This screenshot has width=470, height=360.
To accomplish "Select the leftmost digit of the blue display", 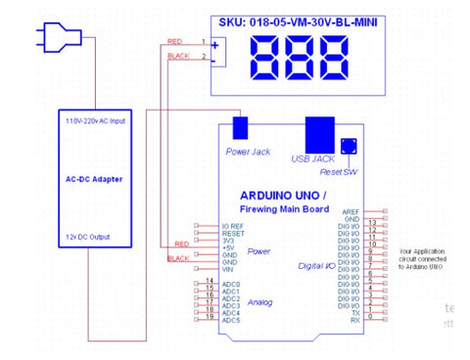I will [x=266, y=60].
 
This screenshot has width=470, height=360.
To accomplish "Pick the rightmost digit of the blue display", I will [x=335, y=60].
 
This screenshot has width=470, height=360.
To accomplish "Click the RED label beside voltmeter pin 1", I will [x=175, y=41].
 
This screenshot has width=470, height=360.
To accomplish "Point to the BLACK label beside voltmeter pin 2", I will [x=178, y=56].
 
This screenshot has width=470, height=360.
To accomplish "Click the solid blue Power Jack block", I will [x=239, y=128].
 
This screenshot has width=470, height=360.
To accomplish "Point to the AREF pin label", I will [x=349, y=211].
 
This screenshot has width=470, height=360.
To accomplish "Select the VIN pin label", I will [x=230, y=269].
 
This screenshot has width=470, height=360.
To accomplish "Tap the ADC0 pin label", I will [x=231, y=285].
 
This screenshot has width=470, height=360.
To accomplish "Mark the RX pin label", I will [x=353, y=320].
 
